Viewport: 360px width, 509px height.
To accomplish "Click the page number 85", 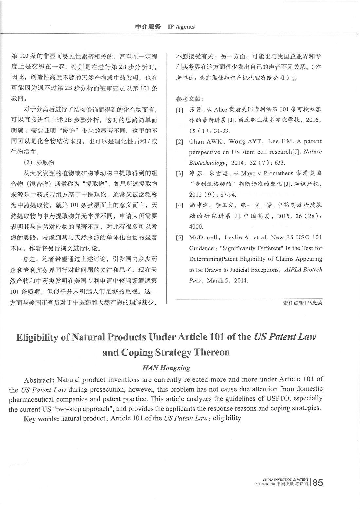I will [318, 483].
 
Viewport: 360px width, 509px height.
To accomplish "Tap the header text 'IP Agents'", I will [181, 27].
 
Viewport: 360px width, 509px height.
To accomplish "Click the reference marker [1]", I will [179, 110].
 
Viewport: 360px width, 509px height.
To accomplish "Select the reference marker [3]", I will [179, 173].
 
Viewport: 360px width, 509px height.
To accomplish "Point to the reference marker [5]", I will [179, 237].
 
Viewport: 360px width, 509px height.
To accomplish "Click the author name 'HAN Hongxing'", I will [166, 367].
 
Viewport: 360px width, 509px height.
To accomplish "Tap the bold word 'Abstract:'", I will [39, 380].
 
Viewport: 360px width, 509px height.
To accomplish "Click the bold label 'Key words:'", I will [41, 419].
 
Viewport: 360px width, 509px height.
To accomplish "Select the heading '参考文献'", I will [189, 99].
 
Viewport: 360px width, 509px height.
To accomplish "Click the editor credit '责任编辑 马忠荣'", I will [303, 303].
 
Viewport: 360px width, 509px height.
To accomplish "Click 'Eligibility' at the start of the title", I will [37, 337].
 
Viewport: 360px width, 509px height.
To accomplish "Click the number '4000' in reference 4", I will [196, 227].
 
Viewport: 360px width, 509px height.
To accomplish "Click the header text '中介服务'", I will [148, 27].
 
